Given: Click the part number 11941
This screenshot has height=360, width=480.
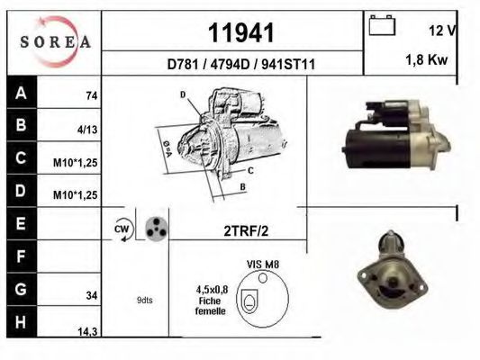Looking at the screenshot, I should pyautogui.click(x=241, y=32).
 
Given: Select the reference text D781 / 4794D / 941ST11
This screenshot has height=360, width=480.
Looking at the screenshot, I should pyautogui.click(x=240, y=64).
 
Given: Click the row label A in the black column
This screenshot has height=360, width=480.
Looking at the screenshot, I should pyautogui.click(x=21, y=93).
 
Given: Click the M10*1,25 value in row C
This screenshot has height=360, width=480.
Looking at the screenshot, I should pyautogui.click(x=76, y=163).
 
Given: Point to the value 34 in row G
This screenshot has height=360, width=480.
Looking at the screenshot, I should pyautogui.click(x=91, y=293).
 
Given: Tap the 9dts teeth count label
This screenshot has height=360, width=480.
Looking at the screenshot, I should pyautogui.click(x=144, y=300).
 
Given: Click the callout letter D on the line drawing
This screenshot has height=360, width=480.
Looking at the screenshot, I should pyautogui.click(x=182, y=94).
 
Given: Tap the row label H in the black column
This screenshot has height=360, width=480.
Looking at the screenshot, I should pyautogui.click(x=21, y=320).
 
